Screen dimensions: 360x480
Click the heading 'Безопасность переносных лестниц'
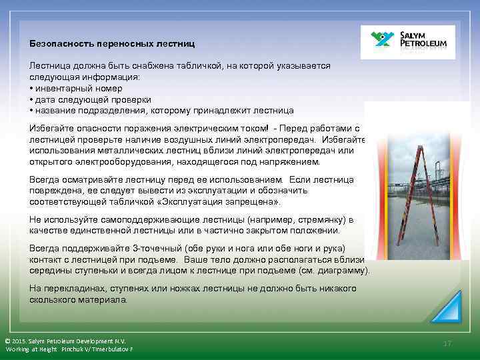112,43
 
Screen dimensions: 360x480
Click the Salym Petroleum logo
407,42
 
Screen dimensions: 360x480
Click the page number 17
447,343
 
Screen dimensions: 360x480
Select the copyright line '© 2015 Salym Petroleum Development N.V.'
65,340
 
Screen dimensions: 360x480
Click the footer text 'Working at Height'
31,349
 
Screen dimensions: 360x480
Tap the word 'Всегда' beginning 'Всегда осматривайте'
45,180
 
